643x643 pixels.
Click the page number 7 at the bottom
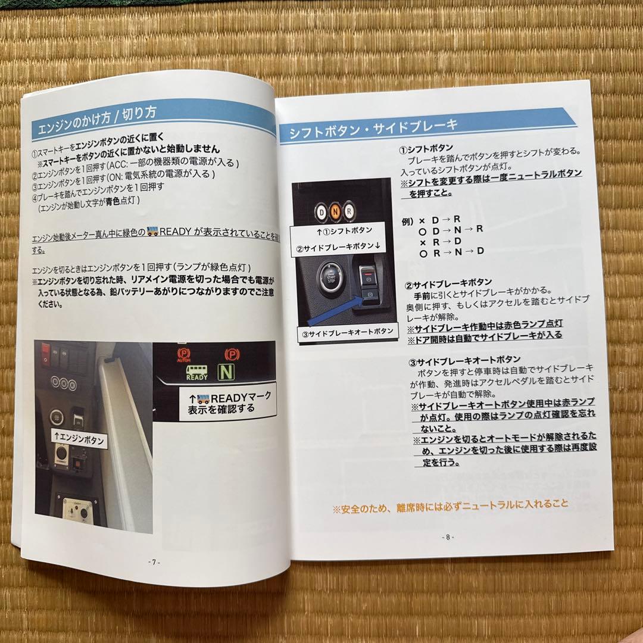point(154,562)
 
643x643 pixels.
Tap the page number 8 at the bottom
point(448,536)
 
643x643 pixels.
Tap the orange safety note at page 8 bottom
point(450,505)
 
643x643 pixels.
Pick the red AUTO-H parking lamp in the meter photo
point(183,356)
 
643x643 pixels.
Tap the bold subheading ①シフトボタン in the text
point(426,148)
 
